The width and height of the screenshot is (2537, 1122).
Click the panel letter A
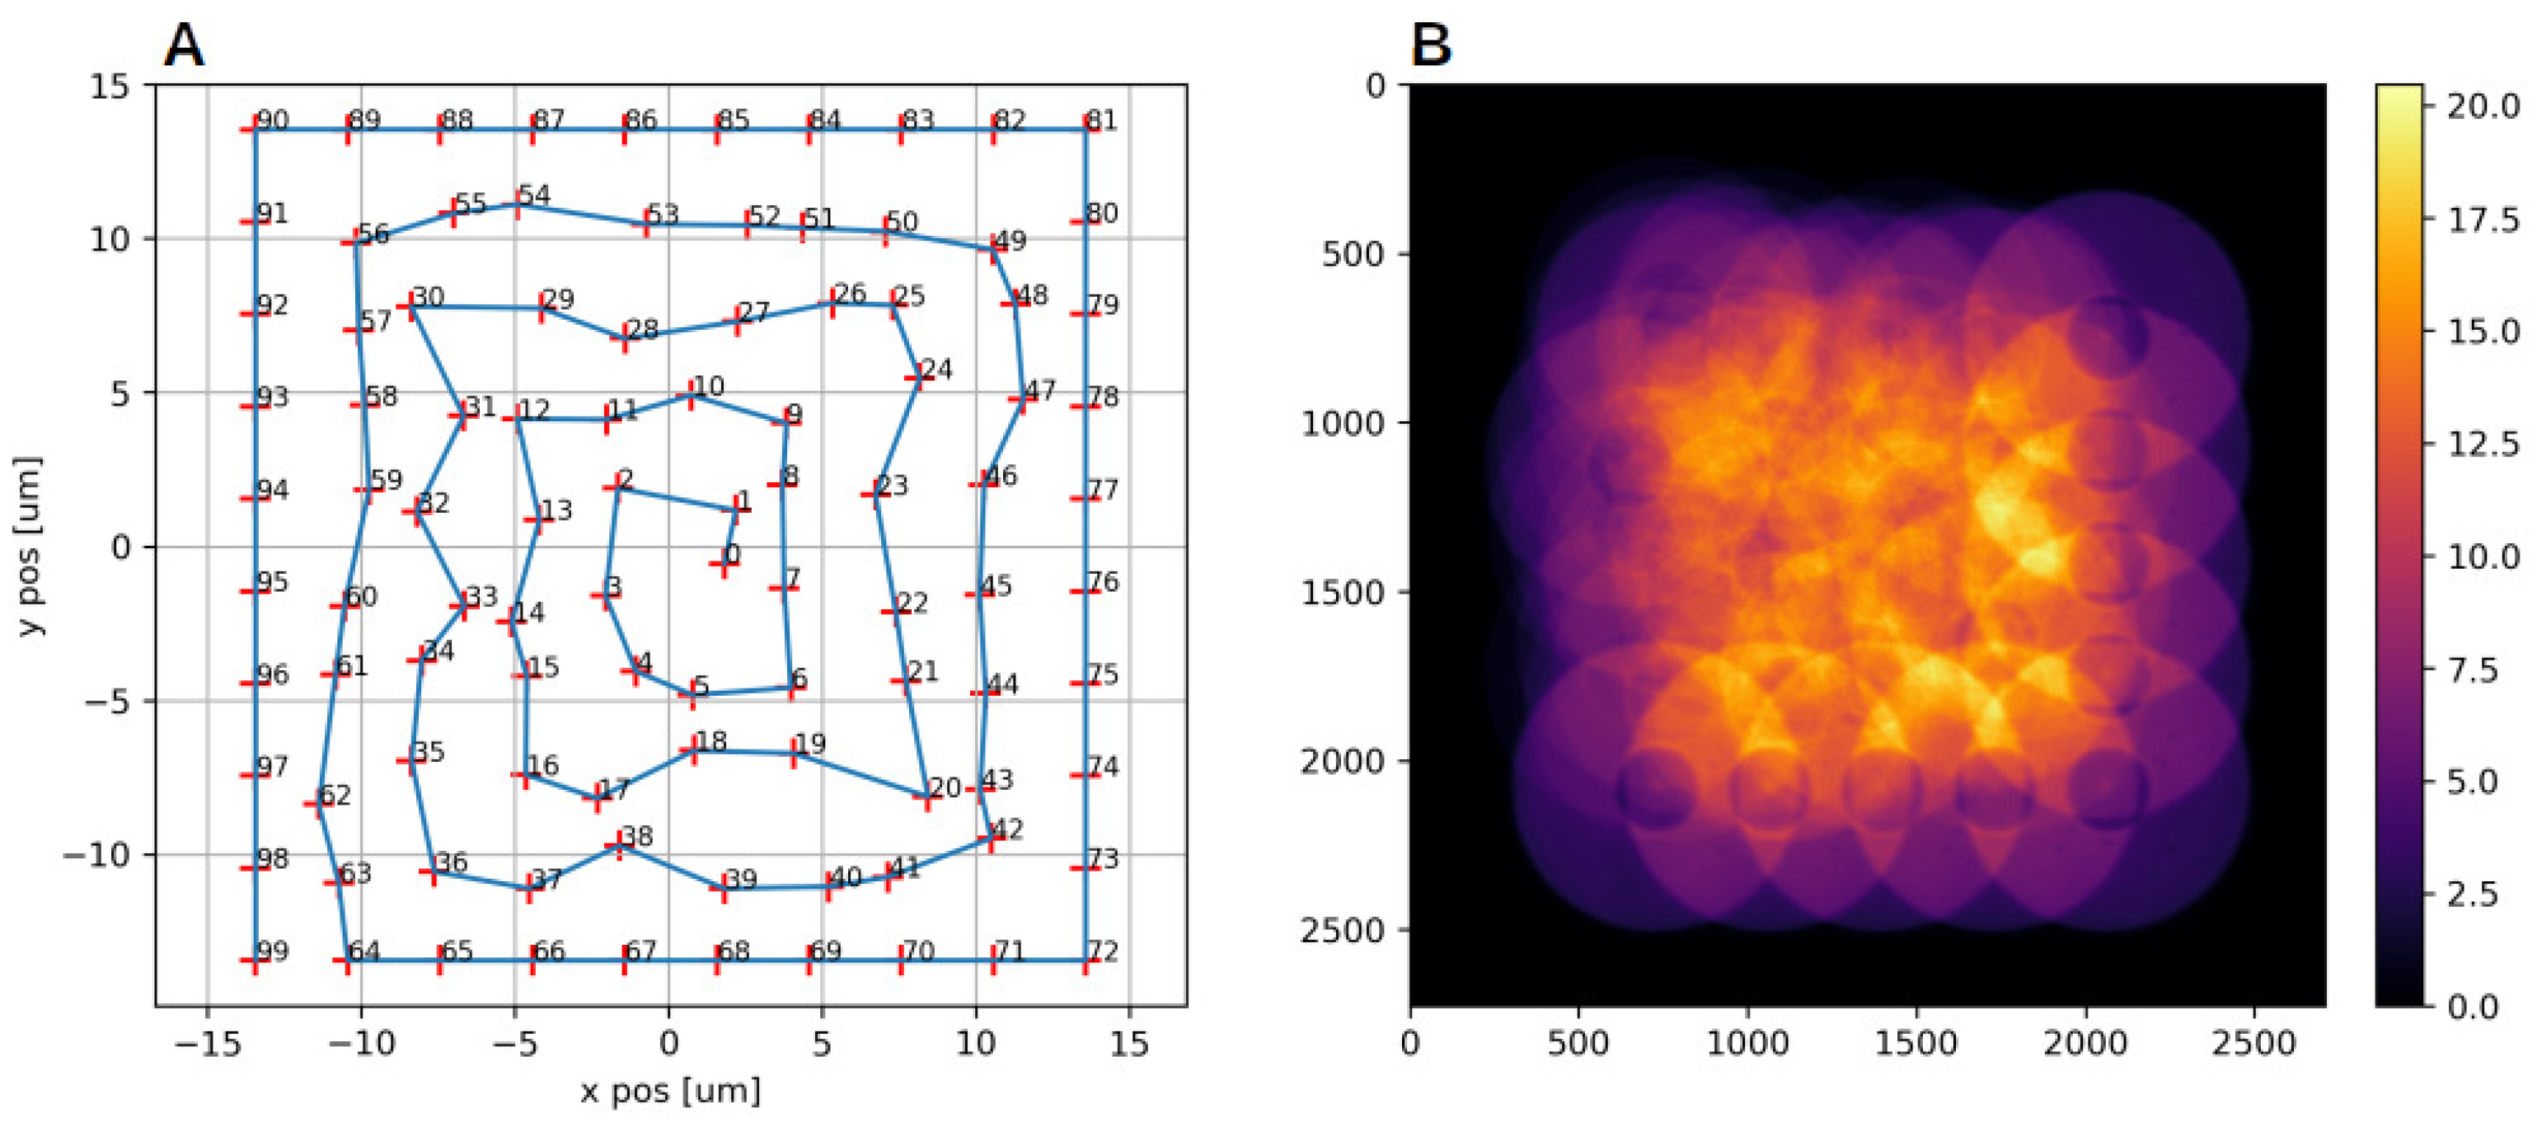(x=184, y=45)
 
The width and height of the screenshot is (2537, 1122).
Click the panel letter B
(x=1430, y=45)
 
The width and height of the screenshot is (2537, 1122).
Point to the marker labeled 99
(x=255, y=960)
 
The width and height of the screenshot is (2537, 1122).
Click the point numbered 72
(x=1086, y=960)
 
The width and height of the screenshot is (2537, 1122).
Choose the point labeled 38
(x=620, y=845)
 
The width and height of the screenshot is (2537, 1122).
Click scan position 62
(x=317, y=804)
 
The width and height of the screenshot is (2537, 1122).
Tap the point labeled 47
(x=1022, y=399)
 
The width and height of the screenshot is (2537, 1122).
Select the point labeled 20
(x=926, y=797)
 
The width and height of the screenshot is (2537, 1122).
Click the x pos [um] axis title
(x=670, y=1091)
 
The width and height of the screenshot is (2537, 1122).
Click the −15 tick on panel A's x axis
(x=207, y=1043)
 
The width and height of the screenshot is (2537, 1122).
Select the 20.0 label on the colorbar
(x=2483, y=106)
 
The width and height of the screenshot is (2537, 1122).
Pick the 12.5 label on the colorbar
(x=2483, y=444)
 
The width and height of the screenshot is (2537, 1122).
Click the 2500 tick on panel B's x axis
(x=2253, y=1043)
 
